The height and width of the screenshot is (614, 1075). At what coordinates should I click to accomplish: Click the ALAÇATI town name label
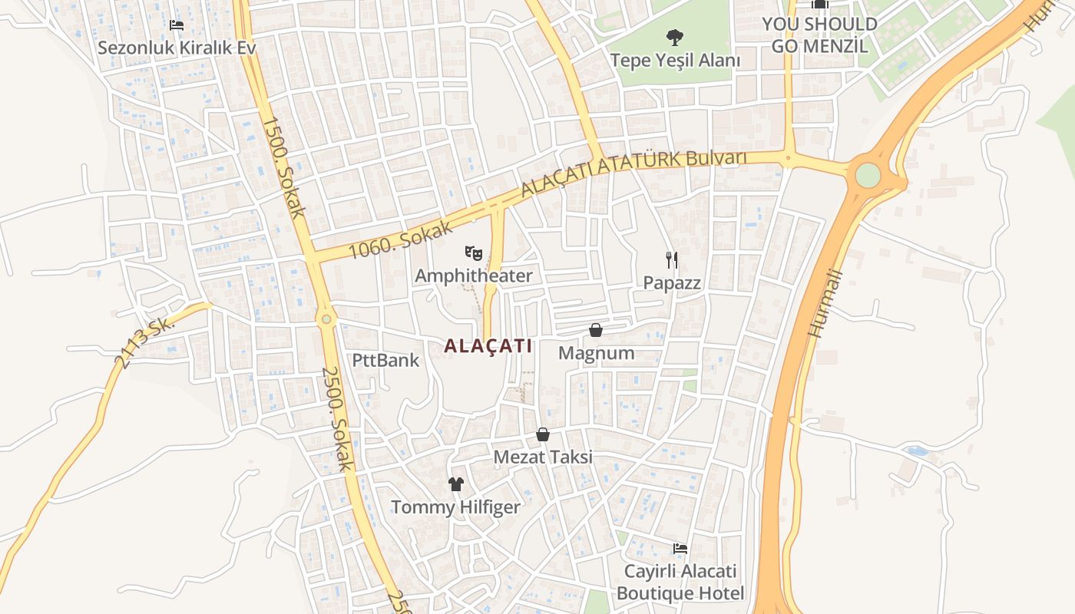488,346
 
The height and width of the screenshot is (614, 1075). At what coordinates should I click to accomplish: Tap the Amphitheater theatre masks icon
473,252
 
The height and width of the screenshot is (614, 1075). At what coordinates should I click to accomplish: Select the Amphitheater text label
473,276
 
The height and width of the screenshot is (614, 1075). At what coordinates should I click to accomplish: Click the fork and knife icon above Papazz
672,260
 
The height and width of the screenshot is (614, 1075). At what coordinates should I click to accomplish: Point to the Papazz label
672,283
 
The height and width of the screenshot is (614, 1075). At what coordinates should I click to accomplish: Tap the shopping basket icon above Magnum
595,330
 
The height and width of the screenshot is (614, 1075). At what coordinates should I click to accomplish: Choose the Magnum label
597,353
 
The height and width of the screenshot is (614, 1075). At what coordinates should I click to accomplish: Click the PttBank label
385,360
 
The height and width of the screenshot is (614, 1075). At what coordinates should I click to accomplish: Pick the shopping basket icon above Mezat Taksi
543,434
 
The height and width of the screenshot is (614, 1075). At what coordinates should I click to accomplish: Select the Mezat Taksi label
543,457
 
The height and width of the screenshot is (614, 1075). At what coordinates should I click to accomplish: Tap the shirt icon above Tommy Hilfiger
456,484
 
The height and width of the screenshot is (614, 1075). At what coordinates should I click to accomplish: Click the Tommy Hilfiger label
455,507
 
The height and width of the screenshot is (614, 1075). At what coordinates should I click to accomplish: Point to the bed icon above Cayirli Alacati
680,549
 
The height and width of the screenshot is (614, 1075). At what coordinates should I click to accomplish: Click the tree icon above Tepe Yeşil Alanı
675,36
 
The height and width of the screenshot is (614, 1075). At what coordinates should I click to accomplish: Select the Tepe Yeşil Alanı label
675,60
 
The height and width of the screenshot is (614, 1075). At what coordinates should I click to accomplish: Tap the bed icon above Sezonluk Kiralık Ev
177,25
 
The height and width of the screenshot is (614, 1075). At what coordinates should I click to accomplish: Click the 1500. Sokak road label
284,167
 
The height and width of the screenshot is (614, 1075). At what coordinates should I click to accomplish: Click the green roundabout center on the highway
868,175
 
